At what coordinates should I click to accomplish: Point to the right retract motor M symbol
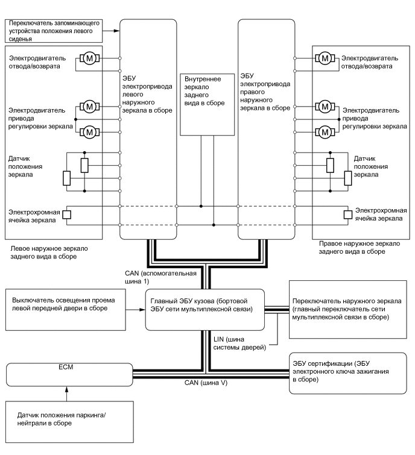coord(325,58)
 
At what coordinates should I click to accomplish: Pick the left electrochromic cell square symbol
coord(67,215)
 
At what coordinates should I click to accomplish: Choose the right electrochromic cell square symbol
coord(347,215)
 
